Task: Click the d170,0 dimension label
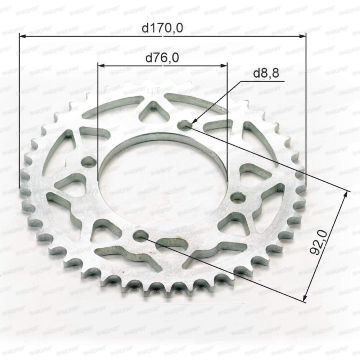[x=162, y=28]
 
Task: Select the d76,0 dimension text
[x=162, y=58]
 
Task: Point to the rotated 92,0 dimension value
[x=320, y=242]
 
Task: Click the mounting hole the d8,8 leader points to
[x=184, y=126]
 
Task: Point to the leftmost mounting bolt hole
[x=88, y=162]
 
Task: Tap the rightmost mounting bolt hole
[x=238, y=197]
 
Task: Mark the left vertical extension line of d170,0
[x=19, y=112]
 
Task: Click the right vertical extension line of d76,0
[x=227, y=120]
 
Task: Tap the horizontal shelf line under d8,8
[x=262, y=81]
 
